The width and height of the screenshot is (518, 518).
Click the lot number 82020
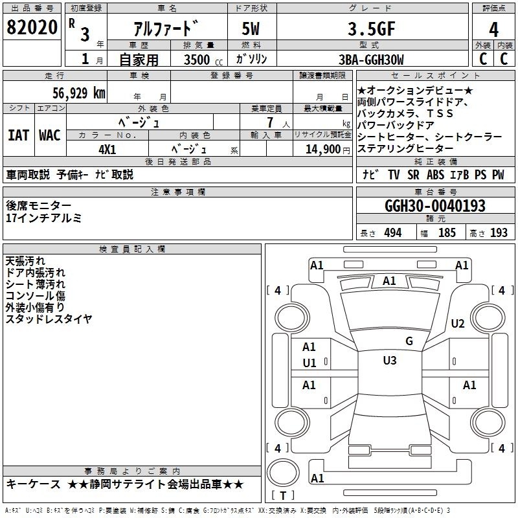(x=32, y=27)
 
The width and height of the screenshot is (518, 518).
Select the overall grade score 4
(x=493, y=29)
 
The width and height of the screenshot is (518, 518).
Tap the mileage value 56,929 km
(x=79, y=93)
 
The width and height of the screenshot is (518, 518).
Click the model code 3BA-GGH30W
(x=371, y=60)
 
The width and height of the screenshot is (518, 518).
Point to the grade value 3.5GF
(x=372, y=28)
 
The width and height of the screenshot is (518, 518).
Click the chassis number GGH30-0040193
(x=435, y=206)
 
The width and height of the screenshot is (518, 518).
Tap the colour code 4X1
(x=107, y=150)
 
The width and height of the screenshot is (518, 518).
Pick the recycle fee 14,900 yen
(x=328, y=150)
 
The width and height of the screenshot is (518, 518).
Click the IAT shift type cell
(x=19, y=135)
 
